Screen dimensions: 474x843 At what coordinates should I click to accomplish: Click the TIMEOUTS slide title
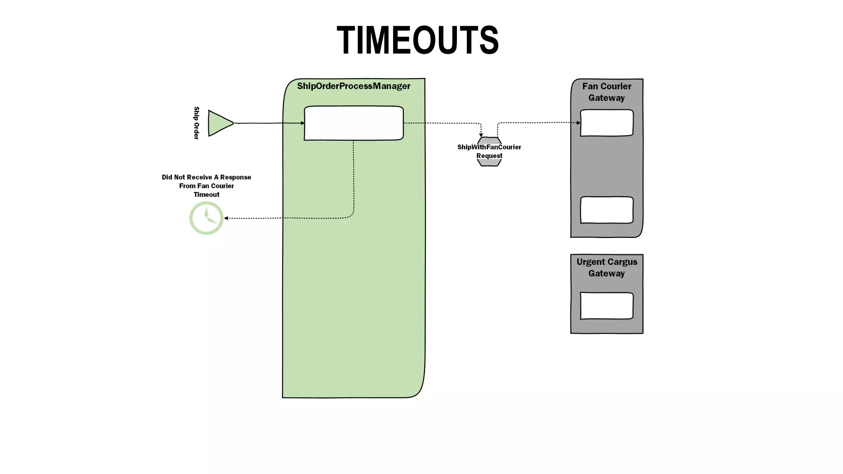point(417,40)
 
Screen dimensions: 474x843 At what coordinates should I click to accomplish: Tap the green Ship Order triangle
point(219,123)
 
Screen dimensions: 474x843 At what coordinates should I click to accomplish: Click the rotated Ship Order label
point(196,123)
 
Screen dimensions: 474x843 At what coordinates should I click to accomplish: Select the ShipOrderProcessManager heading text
point(354,86)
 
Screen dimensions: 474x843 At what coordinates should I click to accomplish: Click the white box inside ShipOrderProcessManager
point(354,123)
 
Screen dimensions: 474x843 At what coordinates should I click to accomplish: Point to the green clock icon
point(206,218)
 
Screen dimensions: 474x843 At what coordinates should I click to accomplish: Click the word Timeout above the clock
point(206,195)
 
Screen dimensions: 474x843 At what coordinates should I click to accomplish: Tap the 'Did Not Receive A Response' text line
point(206,177)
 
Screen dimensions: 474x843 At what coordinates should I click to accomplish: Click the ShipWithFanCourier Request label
point(489,151)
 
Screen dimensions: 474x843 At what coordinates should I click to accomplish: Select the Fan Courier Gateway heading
point(606,92)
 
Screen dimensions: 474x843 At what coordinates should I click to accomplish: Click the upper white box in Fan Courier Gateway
point(606,123)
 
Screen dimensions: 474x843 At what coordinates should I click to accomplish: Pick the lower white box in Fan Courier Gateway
point(606,210)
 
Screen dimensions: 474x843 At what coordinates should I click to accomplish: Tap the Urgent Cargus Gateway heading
point(606,267)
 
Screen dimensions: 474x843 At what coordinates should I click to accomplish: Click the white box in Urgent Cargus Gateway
point(606,306)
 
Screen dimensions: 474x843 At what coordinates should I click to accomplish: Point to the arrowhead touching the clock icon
point(226,218)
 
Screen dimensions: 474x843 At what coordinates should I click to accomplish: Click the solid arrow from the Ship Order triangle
point(268,123)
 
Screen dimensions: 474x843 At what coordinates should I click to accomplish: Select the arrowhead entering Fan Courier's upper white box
point(578,123)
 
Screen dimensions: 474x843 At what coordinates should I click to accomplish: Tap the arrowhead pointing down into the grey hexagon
point(481,135)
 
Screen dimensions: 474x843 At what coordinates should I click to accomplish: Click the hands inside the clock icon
point(209,217)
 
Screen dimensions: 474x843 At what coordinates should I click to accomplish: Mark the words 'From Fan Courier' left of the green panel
point(206,186)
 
